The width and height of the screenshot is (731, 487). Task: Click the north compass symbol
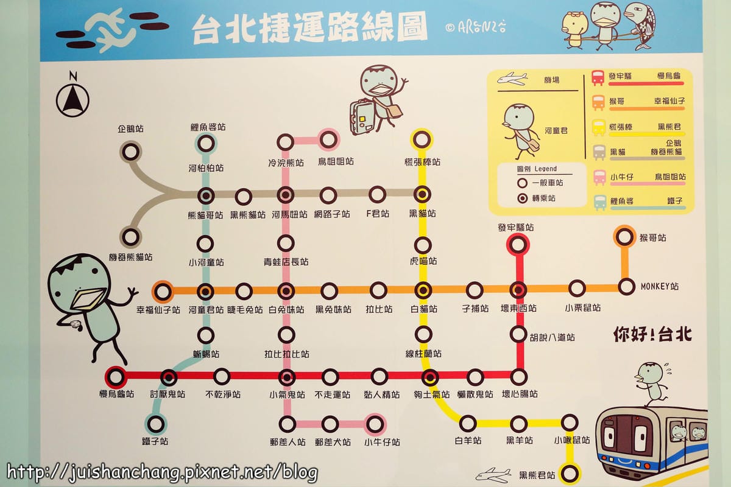click(x=72, y=99)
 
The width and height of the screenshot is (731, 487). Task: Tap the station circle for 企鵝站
click(x=131, y=152)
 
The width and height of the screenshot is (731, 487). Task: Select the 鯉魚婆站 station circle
click(x=206, y=144)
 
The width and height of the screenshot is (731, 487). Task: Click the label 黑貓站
click(x=423, y=214)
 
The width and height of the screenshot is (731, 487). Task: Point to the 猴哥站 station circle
click(x=625, y=236)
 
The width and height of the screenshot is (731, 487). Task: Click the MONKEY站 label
click(x=659, y=286)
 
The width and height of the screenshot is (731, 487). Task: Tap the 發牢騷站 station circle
click(x=517, y=245)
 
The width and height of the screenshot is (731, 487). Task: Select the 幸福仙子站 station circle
click(x=163, y=292)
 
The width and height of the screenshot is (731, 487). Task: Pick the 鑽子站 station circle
click(x=155, y=423)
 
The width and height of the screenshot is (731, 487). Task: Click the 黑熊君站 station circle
click(x=570, y=473)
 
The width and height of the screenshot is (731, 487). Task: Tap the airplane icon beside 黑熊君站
click(x=493, y=475)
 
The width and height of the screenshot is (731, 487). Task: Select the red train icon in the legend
click(x=598, y=78)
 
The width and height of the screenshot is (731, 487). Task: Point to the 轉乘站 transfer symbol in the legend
click(x=521, y=198)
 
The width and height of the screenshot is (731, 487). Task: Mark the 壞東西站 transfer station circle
click(x=518, y=290)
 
